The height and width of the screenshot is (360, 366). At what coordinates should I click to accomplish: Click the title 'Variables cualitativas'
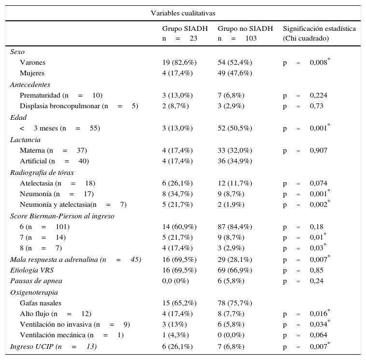(183, 13)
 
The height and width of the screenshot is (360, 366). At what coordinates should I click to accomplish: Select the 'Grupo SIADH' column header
(185, 29)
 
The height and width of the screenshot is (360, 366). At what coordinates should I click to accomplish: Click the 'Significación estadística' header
(319, 29)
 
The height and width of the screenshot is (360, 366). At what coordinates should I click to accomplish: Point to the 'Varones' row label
(32, 62)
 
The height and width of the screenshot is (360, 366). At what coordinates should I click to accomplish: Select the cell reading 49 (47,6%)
(235, 73)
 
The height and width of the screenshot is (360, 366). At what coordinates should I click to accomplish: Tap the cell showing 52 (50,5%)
(235, 128)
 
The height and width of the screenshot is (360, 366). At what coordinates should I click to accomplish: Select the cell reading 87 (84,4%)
(235, 227)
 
